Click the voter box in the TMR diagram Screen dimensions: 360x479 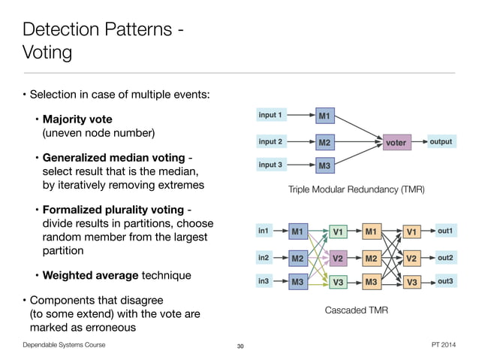coord(395,142)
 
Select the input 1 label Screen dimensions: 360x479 coord(270,115)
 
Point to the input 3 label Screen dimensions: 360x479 coord(270,165)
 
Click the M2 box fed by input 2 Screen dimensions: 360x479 coord(324,142)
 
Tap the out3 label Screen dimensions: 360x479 coord(446,281)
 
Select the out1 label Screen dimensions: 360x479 coord(446,231)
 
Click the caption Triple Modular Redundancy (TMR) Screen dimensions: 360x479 coord(356,191)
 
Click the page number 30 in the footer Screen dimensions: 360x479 coord(240,346)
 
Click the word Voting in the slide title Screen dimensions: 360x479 coord(47,53)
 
